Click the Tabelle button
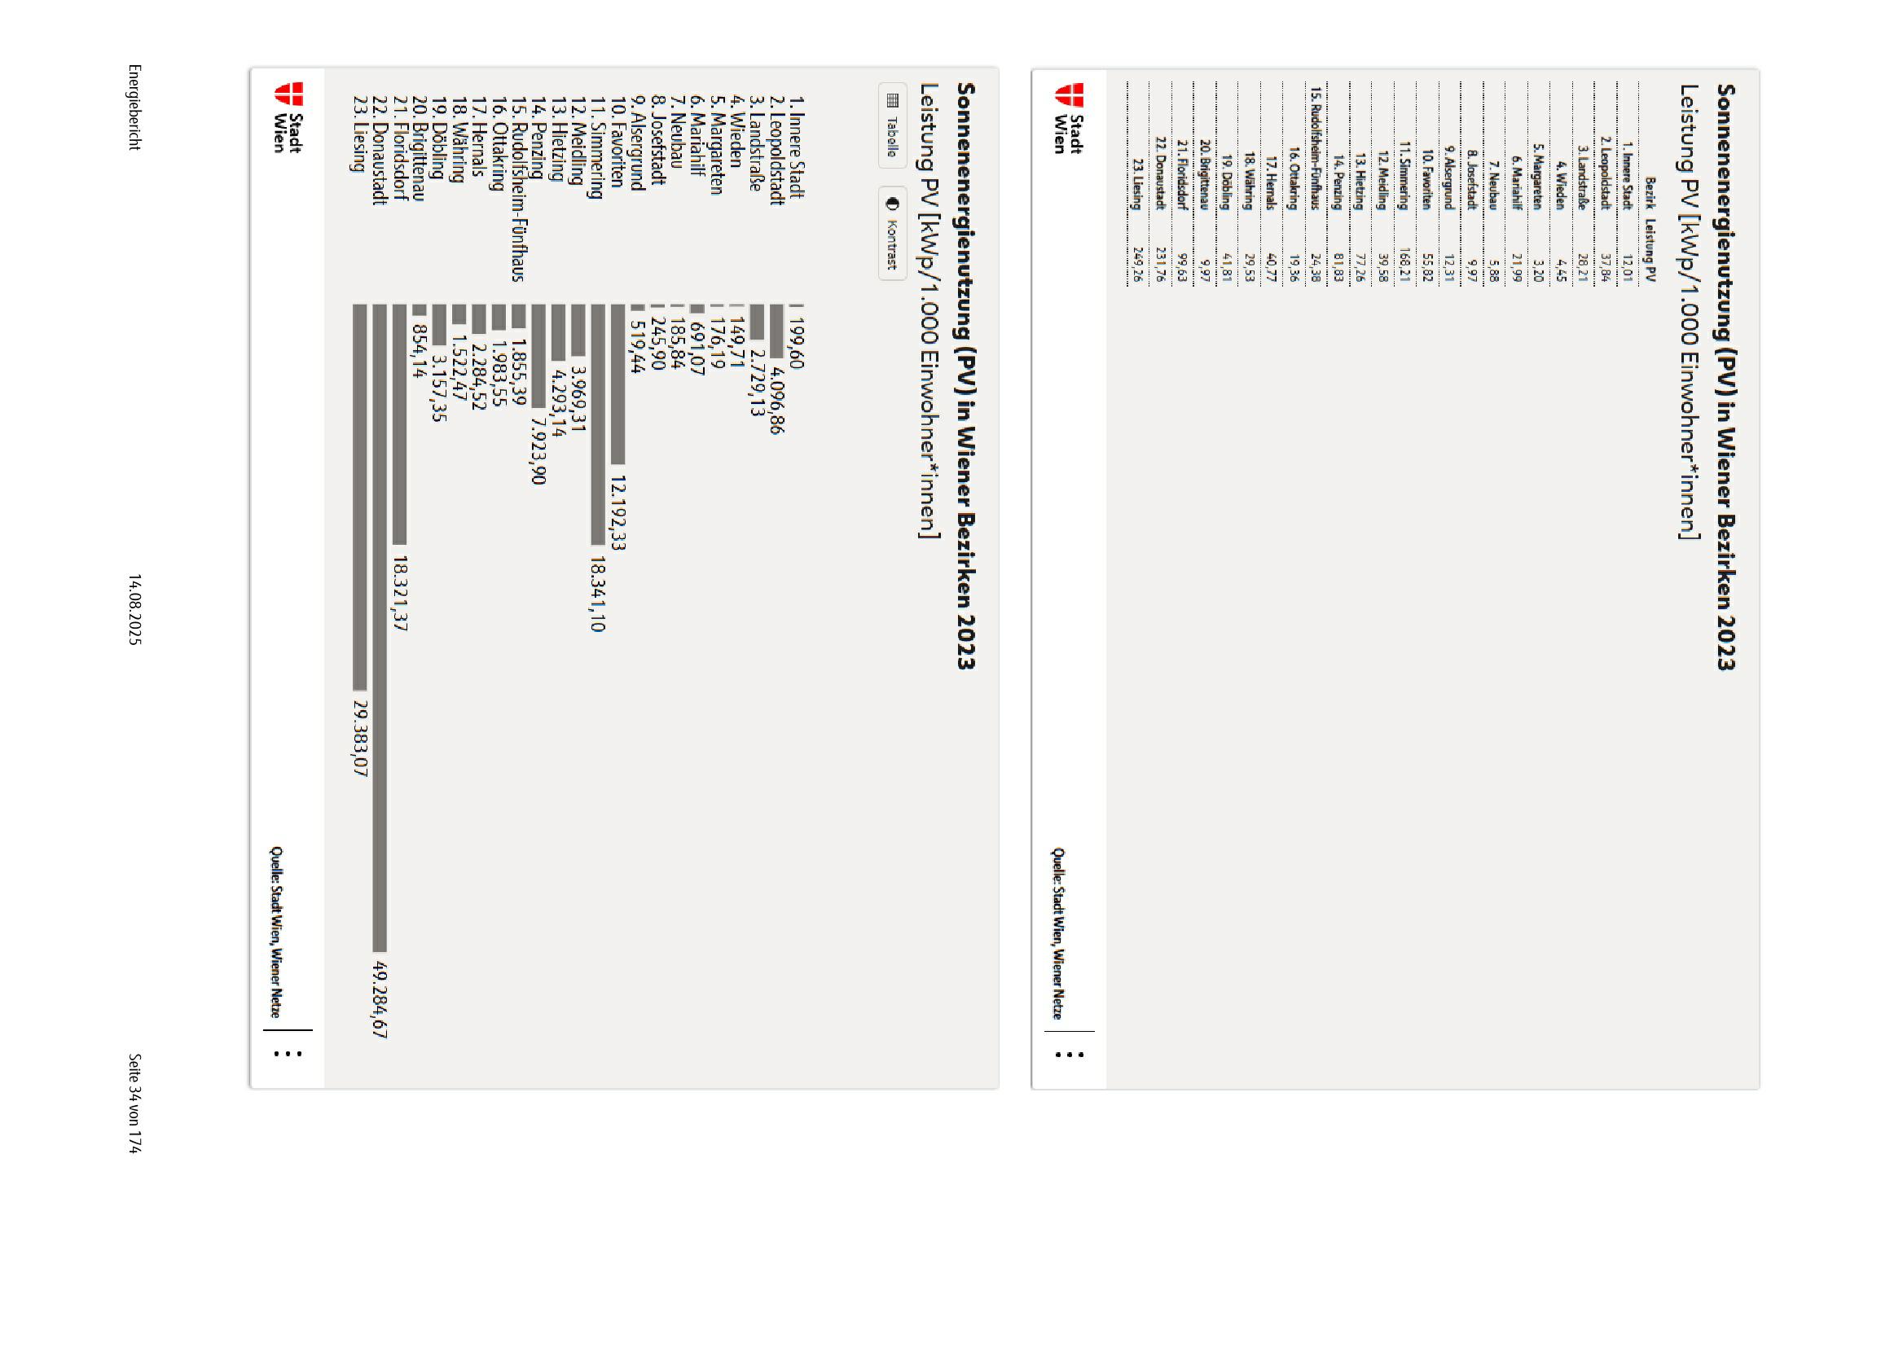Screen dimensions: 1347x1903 tap(892, 126)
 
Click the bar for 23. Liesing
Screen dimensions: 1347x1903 tap(359, 497)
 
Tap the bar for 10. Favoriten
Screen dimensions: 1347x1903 tap(617, 384)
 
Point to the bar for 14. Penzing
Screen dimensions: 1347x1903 tap(538, 357)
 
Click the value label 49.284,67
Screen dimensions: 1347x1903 tap(380, 999)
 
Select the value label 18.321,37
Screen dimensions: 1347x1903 tap(400, 593)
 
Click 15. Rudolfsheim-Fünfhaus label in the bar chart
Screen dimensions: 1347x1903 tap(517, 189)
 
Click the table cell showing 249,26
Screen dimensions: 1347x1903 tap(1137, 265)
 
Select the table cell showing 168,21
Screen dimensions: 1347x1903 tap(1404, 265)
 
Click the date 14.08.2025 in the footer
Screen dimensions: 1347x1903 tap(134, 610)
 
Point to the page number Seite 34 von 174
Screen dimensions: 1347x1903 tap(134, 1103)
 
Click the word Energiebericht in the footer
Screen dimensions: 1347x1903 tap(134, 107)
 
